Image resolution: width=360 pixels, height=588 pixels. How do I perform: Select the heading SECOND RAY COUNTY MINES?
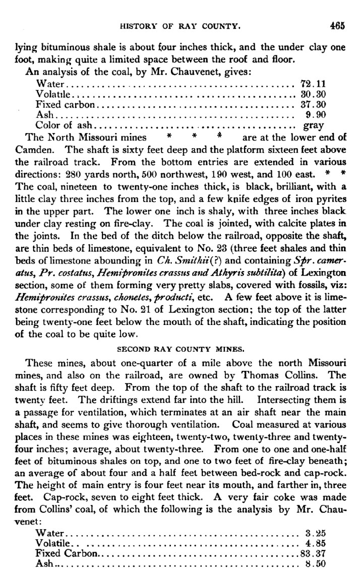pyautogui.click(x=180, y=348)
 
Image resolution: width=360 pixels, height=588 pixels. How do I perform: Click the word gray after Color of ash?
pyautogui.click(x=313, y=126)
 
